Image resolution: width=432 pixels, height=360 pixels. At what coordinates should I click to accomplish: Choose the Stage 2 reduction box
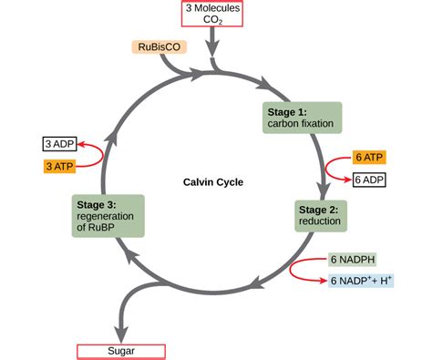click(319, 216)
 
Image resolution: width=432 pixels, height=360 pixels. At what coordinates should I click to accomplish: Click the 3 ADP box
click(59, 144)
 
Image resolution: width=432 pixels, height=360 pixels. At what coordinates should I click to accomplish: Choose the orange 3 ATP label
click(59, 165)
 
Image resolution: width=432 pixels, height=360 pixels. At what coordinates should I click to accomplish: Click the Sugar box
click(120, 350)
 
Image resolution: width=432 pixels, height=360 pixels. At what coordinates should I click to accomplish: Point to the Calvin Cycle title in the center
click(212, 181)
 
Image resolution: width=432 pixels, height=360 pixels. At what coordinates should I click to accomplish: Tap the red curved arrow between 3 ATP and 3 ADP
click(95, 154)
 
